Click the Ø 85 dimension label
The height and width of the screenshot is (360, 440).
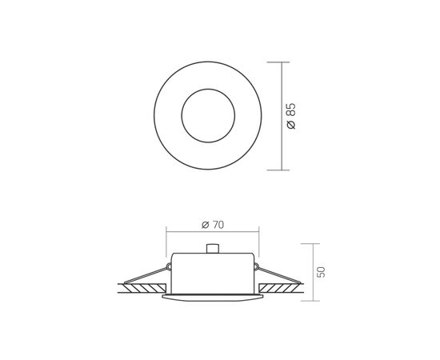coord(291,116)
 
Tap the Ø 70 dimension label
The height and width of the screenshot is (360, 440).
coord(213,225)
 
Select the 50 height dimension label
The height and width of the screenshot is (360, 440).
coord(321,272)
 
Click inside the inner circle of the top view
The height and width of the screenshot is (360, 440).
coord(208,116)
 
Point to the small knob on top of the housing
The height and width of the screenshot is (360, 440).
coord(212,249)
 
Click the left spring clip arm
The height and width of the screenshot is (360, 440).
coord(146,275)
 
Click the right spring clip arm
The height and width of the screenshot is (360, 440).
coord(278,275)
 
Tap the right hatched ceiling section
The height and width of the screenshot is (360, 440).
coord(280,288)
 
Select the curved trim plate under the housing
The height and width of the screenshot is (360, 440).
coord(213,298)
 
